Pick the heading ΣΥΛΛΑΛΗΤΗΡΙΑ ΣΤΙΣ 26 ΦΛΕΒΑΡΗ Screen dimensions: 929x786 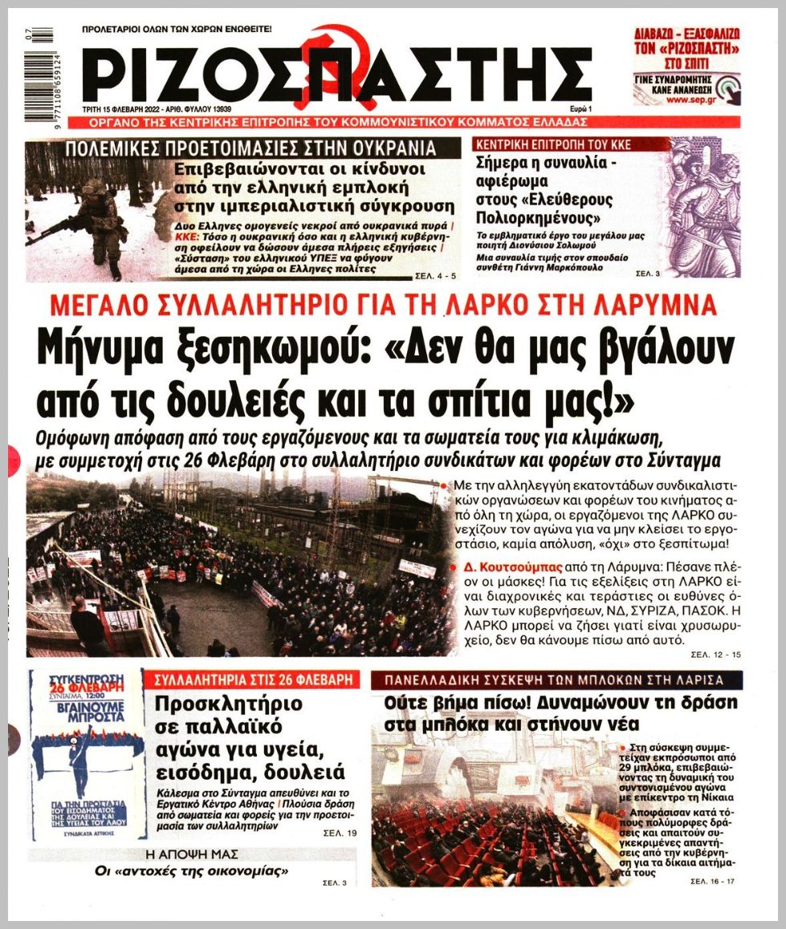pos(255,679)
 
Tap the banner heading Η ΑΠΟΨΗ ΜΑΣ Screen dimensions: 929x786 pos(191,854)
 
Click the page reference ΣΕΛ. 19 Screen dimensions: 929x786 pos(342,833)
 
